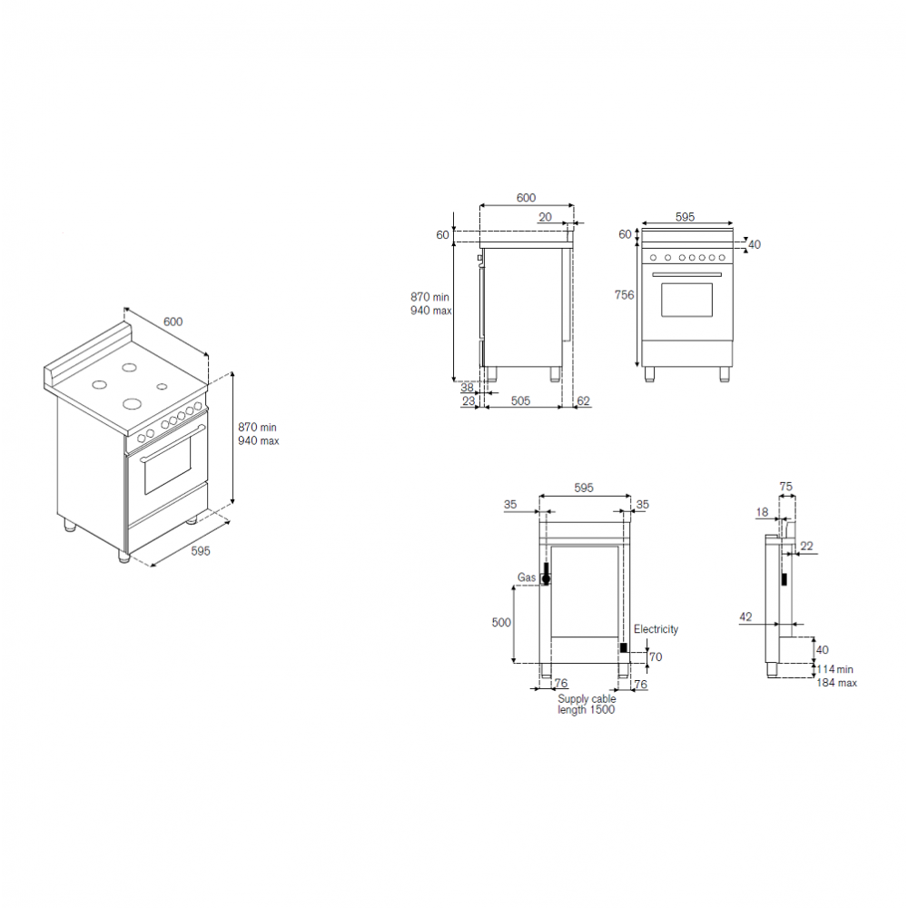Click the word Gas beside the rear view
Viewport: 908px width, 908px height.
[527, 577]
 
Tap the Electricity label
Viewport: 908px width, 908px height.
[656, 629]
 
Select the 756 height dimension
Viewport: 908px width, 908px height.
[625, 295]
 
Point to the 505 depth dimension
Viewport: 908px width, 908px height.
[520, 400]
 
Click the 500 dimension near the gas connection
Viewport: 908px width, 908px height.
[501, 623]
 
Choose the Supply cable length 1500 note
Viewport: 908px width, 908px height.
[587, 705]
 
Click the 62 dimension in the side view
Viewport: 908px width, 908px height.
[583, 400]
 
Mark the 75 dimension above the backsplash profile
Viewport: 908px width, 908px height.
[785, 487]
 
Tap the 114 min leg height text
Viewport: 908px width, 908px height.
[835, 669]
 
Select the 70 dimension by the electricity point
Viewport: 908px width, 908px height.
[656, 656]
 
